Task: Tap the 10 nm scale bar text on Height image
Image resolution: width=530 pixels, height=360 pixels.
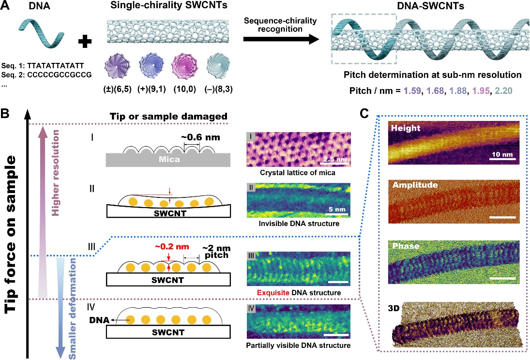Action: coord(501,155)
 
